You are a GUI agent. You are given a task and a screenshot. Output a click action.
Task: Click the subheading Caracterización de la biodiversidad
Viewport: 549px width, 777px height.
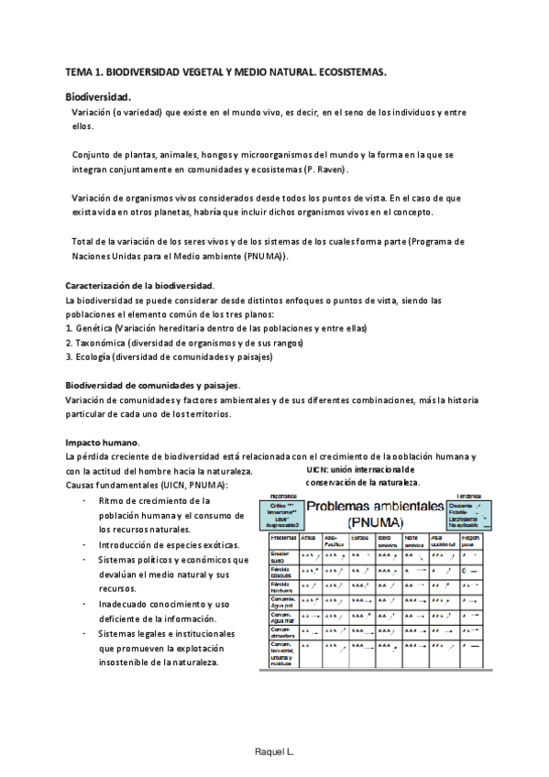tap(139, 286)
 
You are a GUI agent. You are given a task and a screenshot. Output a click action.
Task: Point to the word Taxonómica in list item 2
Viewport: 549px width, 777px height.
tap(102, 342)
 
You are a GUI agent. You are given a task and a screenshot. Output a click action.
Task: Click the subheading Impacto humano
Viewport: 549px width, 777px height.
tap(101, 442)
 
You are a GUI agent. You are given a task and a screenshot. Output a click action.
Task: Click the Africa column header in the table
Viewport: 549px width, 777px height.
tap(308, 538)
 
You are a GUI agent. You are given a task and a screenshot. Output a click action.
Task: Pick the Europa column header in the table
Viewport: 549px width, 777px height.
tap(360, 538)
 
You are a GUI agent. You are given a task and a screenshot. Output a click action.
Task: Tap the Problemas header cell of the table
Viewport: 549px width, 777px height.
tap(282, 538)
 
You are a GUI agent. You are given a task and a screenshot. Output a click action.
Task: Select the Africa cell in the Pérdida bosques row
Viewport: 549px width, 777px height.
tap(310, 571)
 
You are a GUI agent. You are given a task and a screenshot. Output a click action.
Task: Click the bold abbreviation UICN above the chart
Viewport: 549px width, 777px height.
tap(318, 469)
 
